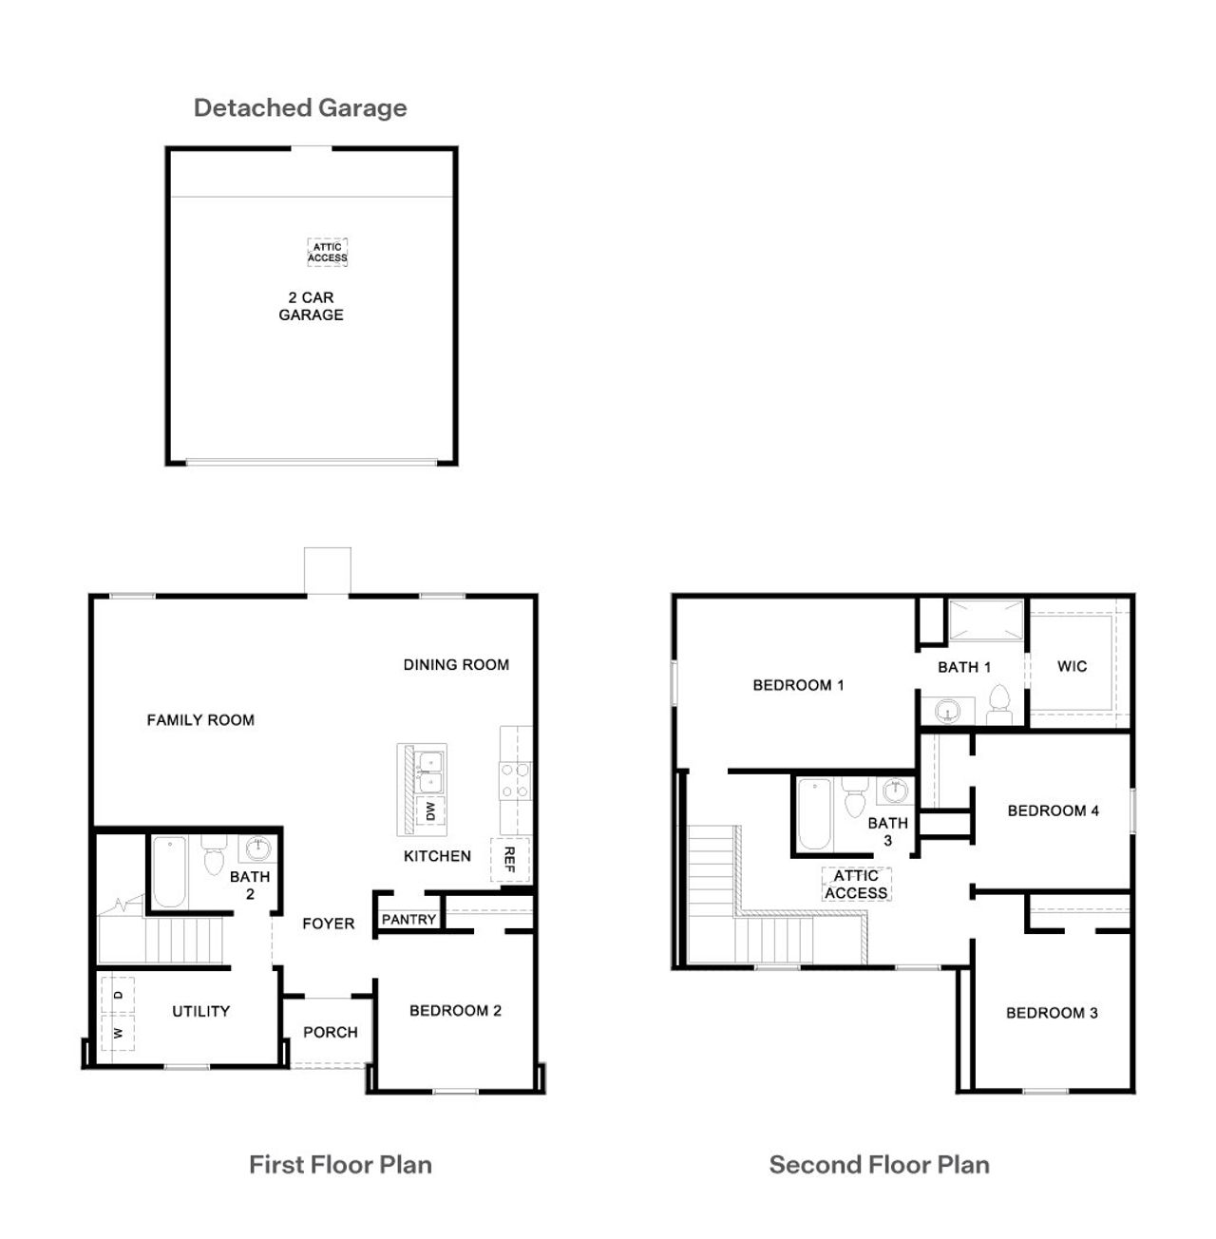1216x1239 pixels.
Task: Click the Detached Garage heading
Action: (300, 107)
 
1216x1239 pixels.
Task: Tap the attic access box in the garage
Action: (327, 253)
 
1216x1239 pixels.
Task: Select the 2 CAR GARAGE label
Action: (311, 306)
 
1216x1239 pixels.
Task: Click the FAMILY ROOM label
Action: (200, 720)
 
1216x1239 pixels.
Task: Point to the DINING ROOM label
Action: (456, 665)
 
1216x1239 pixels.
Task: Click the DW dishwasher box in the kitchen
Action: (429, 811)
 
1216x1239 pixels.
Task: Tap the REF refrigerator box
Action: (509, 860)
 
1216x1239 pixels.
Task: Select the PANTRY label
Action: (408, 920)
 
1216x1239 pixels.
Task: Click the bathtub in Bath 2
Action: (170, 872)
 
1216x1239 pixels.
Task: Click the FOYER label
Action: (328, 924)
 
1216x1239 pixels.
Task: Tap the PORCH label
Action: (331, 1032)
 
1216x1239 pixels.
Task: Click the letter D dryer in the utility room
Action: (118, 995)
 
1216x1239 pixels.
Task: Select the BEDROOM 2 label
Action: (455, 1011)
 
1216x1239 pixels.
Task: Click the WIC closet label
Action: (1072, 666)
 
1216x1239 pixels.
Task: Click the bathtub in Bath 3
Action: (814, 814)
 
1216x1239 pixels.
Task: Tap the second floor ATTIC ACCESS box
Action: (856, 885)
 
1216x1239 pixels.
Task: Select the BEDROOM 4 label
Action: (1053, 810)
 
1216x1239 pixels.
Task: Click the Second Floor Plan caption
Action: (879, 1165)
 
